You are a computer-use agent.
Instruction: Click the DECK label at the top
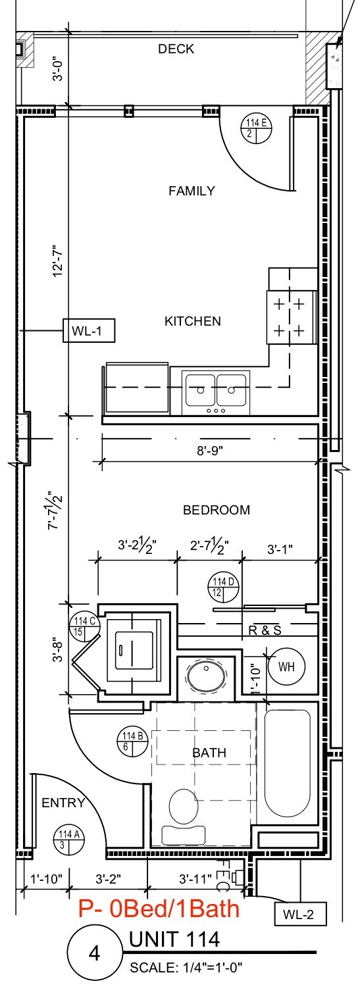coord(176,49)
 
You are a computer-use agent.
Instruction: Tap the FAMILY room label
coord(192,191)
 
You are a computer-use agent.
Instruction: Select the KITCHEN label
coord(192,321)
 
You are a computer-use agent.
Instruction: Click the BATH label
coord(209,753)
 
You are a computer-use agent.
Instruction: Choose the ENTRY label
coord(64,803)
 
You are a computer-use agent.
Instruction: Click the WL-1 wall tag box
coord(89,330)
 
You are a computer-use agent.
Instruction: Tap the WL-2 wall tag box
coord(299,914)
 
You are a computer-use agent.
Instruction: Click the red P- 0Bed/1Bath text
coord(159,909)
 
